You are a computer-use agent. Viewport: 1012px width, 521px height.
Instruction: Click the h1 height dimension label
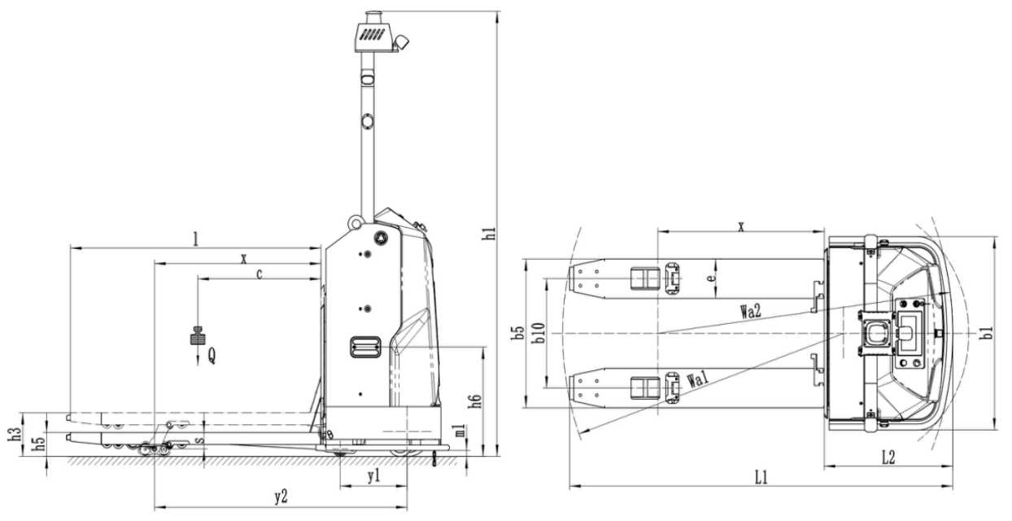tap(490, 233)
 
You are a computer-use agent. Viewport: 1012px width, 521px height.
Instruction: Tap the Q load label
tap(212, 356)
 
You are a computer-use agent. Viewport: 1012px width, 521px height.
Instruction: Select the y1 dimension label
tap(373, 476)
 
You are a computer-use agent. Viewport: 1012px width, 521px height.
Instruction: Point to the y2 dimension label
tap(281, 497)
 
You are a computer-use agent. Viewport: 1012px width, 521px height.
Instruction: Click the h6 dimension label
tap(476, 401)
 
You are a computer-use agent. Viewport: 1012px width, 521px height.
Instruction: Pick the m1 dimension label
tap(460, 430)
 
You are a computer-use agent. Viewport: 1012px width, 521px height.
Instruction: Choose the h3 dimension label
tap(15, 434)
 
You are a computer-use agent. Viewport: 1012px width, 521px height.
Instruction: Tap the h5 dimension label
tap(39, 443)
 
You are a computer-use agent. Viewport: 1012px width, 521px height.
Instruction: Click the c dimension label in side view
tap(260, 274)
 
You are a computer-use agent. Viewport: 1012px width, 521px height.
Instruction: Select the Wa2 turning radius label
tap(751, 311)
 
